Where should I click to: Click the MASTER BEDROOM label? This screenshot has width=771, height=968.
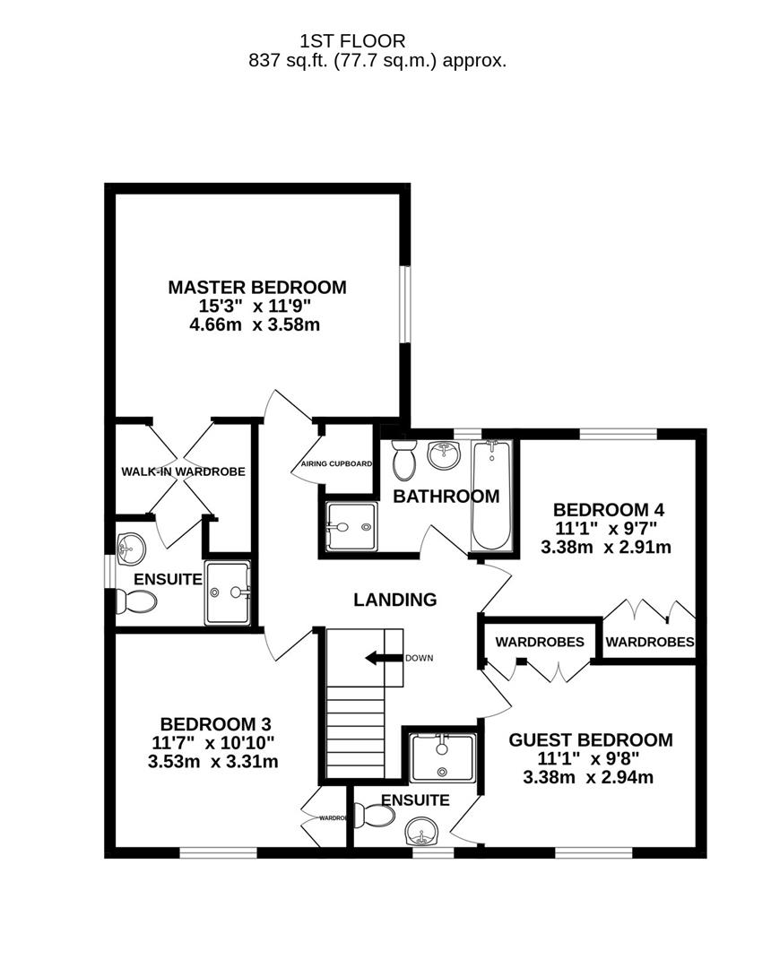[x=256, y=288]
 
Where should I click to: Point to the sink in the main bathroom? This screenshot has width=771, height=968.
[x=445, y=454]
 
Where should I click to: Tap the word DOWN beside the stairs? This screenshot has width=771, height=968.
[x=419, y=659]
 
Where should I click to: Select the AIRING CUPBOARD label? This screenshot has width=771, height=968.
[x=336, y=464]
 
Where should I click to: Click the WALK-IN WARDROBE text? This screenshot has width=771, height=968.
[x=184, y=471]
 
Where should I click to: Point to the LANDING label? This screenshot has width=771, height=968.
[x=395, y=600]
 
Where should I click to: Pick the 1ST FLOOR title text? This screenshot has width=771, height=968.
[x=353, y=40]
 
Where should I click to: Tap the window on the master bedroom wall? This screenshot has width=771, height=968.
[x=405, y=304]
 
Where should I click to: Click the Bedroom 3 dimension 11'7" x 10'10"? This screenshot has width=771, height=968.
[x=215, y=743]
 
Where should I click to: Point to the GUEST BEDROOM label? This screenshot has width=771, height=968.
[x=590, y=740]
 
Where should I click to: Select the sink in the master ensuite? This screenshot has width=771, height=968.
[x=132, y=545]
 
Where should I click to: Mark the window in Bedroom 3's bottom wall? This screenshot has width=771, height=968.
[x=215, y=852]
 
